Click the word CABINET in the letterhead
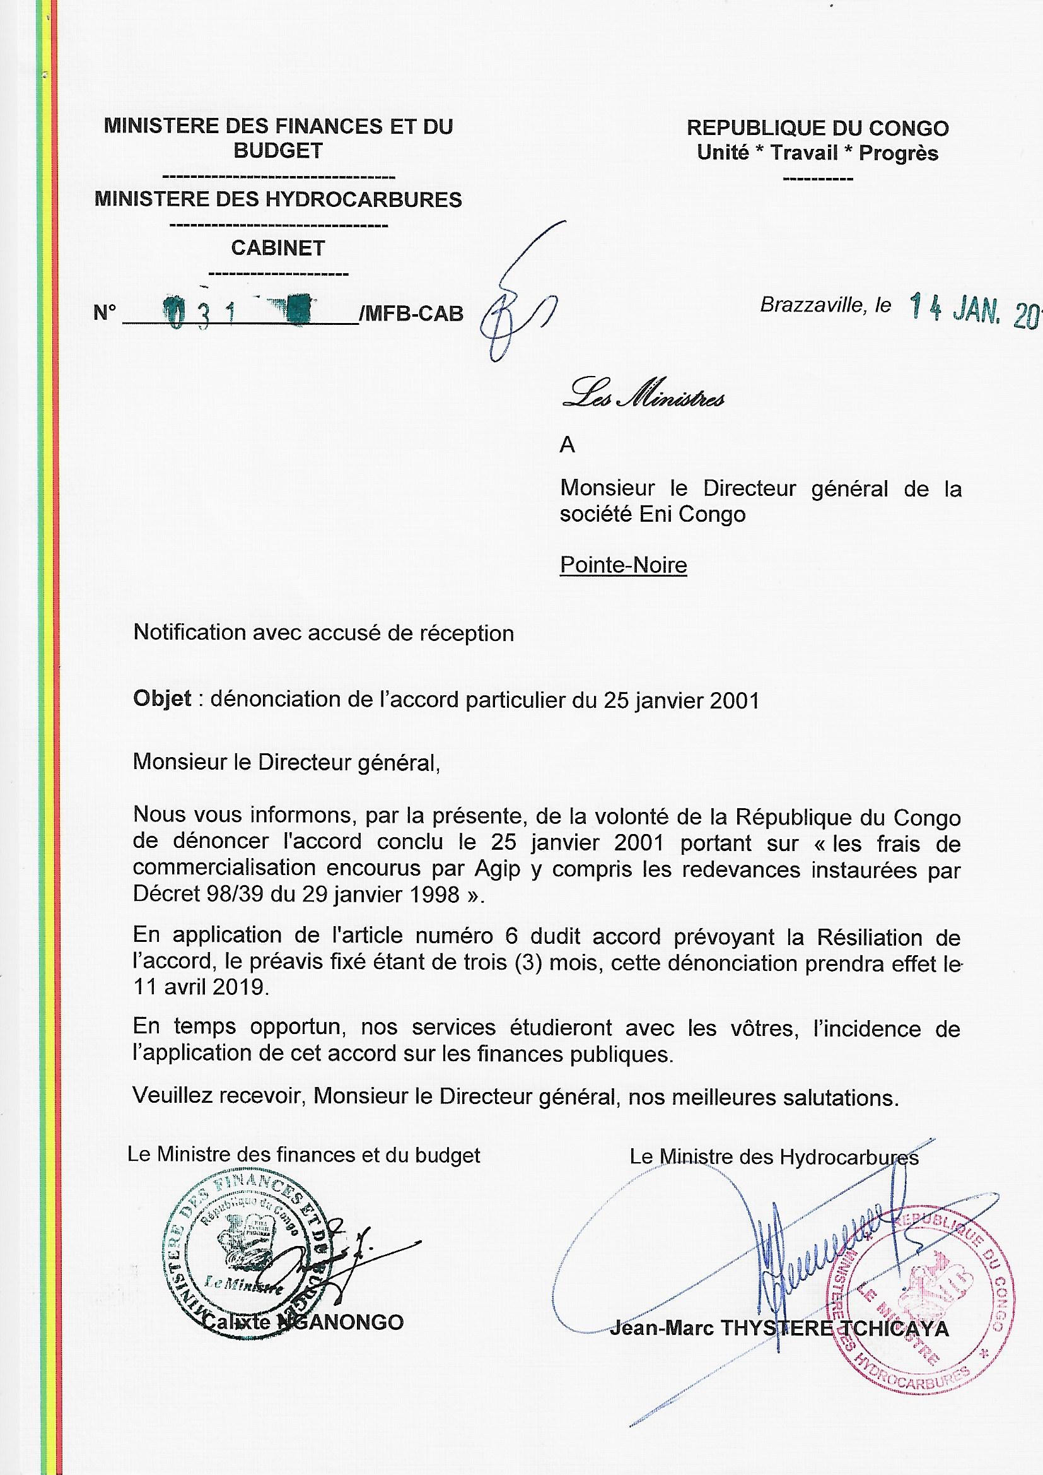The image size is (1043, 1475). click(x=277, y=248)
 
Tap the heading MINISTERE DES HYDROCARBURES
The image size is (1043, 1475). click(x=277, y=199)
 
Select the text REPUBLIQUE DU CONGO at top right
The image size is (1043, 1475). click(x=818, y=128)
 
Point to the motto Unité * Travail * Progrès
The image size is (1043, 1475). click(x=818, y=153)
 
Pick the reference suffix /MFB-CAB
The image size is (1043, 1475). click(x=412, y=314)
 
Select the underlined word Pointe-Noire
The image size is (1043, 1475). click(x=623, y=565)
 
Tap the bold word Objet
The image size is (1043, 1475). click(x=162, y=698)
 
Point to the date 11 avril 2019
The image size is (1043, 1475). click(x=200, y=987)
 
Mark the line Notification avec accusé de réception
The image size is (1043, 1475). click(x=323, y=633)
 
